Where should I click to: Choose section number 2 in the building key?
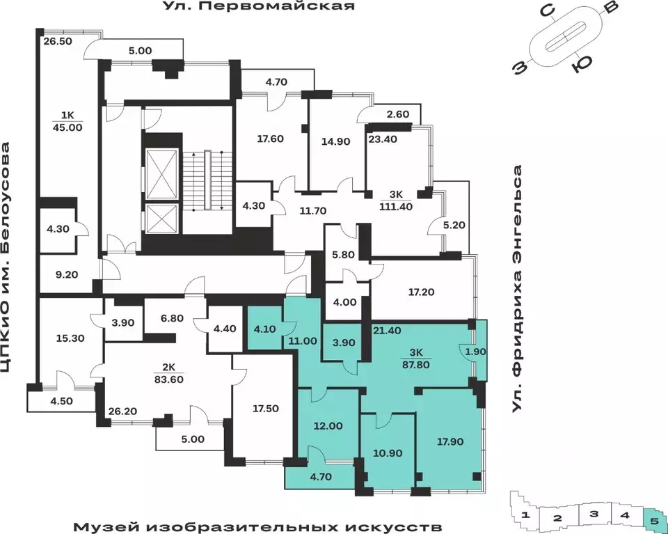pyautogui.click(x=557, y=517)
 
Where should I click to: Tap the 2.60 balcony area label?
pyautogui.click(x=397, y=115)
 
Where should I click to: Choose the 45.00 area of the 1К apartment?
pyautogui.click(x=67, y=127)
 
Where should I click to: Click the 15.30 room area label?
pyautogui.click(x=70, y=338)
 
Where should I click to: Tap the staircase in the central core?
pyautogui.click(x=207, y=180)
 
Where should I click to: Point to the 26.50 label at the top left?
pyautogui.click(x=58, y=41)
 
